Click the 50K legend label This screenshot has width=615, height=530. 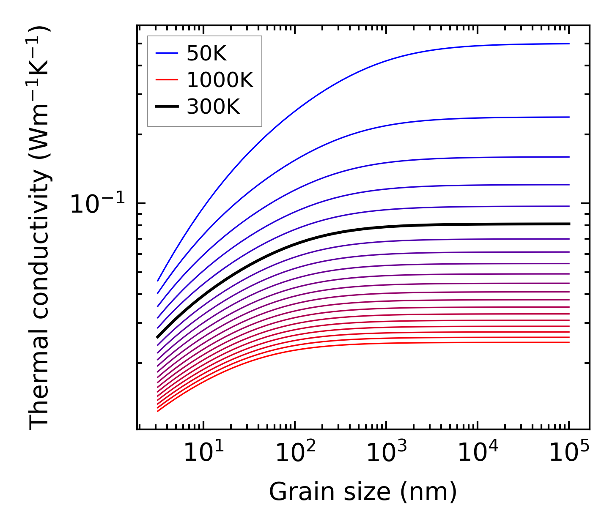206,54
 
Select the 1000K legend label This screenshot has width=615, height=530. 220,80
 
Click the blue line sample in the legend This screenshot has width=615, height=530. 167,53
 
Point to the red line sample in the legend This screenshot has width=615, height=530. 167,80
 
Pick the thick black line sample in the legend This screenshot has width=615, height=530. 167,107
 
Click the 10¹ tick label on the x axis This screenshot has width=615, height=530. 204,454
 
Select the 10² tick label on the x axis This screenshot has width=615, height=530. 296,454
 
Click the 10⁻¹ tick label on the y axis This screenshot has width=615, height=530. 98,205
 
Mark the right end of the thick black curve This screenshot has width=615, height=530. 569,224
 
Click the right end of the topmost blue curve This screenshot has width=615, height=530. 569,44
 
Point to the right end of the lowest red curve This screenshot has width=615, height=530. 569,342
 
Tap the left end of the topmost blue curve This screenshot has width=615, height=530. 158,281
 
